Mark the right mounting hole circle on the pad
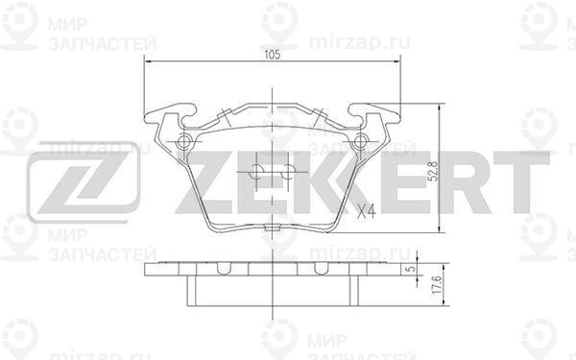pyautogui.click(x=361, y=144)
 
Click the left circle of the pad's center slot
pyautogui.click(x=256, y=173)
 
